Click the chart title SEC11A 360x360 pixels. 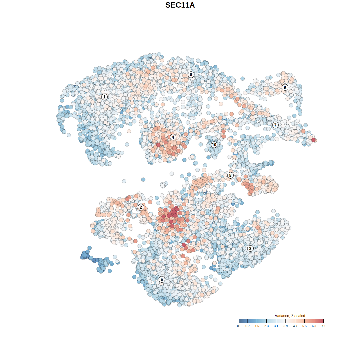coord(180,5)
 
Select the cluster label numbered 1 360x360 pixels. coord(104,97)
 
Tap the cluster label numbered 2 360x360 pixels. coord(141,207)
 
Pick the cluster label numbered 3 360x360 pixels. coord(250,248)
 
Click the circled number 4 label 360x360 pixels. coord(173,137)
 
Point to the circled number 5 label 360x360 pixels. coord(161,279)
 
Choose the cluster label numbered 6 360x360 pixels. coord(191,75)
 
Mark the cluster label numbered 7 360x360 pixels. coord(275,125)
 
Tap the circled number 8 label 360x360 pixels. coord(230,175)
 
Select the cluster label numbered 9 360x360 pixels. coord(285,87)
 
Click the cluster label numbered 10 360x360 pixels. coord(214,145)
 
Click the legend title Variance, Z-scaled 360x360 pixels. coord(290,316)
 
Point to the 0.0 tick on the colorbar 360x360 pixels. coord(239,326)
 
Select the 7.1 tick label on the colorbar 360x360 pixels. coord(323,326)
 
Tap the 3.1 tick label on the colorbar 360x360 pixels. coord(276,326)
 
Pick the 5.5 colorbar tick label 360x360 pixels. coord(305,326)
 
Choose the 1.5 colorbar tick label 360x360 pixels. coord(257,326)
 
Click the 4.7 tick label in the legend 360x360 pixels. coord(295,326)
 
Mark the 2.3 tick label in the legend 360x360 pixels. coord(266,326)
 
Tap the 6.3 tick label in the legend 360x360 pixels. coord(314,326)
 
